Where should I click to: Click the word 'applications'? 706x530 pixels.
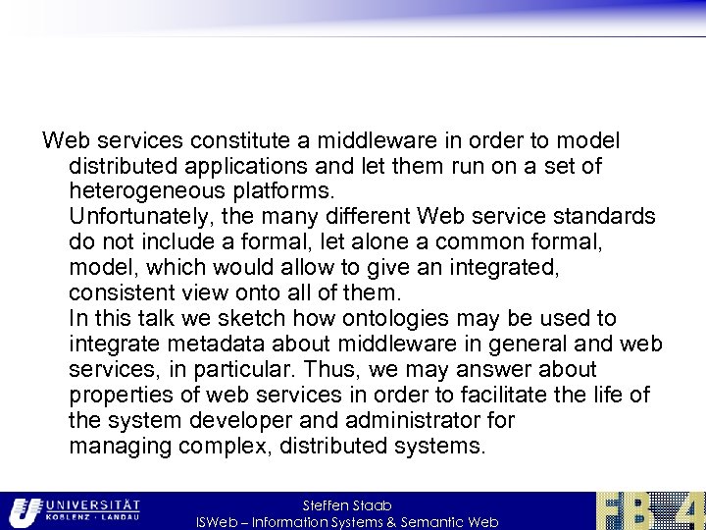230,167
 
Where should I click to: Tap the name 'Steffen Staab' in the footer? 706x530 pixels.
347,505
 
